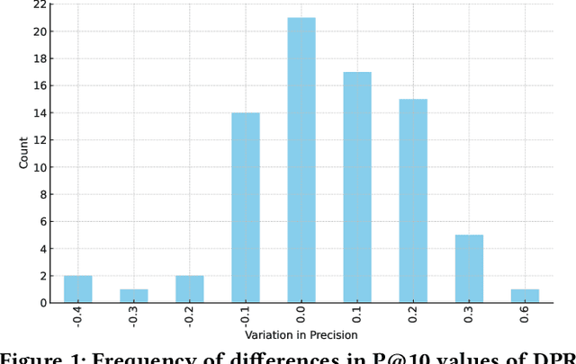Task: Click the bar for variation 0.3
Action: point(469,269)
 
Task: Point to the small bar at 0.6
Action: point(525,296)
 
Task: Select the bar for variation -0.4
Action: point(77,289)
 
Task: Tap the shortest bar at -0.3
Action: point(133,296)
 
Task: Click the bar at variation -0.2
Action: point(189,289)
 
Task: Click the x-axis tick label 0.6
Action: point(526,316)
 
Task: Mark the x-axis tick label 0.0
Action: point(301,316)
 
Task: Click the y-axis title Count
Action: point(24,154)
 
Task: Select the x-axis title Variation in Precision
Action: point(301,335)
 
